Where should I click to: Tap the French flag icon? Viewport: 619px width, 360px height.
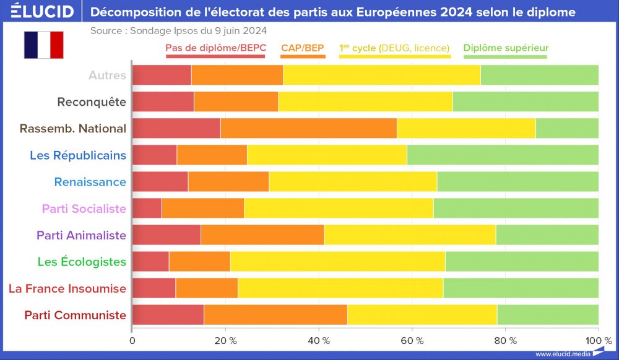coord(44,45)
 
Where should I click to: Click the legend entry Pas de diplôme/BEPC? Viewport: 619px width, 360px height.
coord(215,48)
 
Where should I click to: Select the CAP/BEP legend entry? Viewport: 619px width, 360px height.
coord(303,48)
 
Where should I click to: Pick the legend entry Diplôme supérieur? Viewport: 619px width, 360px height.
coord(506,48)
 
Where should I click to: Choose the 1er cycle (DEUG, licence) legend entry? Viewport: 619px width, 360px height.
coord(394,48)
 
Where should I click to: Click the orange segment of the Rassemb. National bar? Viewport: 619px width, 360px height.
coord(308,129)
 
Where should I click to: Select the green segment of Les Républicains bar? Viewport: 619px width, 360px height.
coord(503,155)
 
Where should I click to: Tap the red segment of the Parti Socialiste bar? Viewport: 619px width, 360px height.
coord(147,208)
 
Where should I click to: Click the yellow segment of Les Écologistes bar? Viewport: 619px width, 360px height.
coord(337,262)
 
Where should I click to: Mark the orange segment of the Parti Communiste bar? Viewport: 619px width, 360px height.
coord(275,315)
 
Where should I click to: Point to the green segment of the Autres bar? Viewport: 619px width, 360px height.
coord(539,75)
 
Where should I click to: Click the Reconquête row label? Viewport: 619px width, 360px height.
coord(92,102)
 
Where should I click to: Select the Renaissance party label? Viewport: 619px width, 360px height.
coord(90,182)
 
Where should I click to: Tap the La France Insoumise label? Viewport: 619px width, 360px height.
coord(67,288)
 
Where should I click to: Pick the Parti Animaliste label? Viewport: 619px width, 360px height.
coord(81,235)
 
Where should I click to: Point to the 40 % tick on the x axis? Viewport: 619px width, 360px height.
coord(318,340)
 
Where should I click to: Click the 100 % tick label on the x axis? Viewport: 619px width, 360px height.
coord(597,340)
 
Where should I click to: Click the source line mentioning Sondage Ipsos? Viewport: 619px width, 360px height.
coord(179,30)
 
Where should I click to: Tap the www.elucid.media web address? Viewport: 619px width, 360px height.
coord(562,354)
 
